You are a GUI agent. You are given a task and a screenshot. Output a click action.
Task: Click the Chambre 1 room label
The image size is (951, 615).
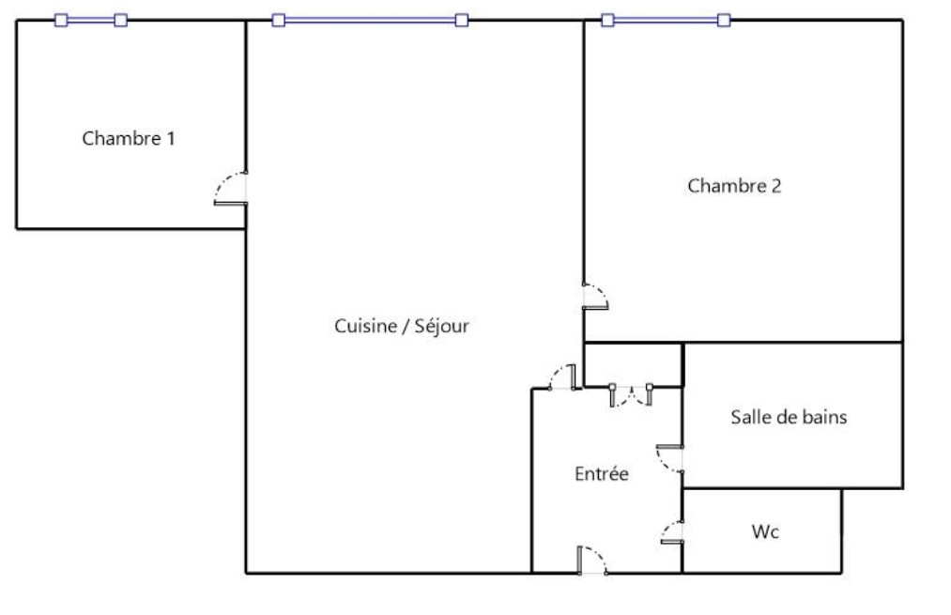tap(129, 138)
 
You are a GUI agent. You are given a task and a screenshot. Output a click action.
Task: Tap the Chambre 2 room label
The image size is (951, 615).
tap(734, 186)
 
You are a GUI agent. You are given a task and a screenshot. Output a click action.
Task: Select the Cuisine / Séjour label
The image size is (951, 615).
tap(402, 326)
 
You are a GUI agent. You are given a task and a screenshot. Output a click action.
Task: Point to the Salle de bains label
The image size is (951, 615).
tap(789, 417)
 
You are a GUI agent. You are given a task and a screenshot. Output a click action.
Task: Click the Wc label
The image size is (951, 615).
tap(765, 532)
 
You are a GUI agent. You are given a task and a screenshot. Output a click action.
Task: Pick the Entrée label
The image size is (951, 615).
tap(601, 473)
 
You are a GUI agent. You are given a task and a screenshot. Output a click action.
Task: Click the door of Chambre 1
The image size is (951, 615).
tap(230, 189)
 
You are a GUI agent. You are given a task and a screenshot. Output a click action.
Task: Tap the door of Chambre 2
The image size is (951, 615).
tap(595, 297)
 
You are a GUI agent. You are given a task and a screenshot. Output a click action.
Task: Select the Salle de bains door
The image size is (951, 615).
tap(669, 459)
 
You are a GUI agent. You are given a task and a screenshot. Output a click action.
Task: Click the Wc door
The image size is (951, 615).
tap(672, 532)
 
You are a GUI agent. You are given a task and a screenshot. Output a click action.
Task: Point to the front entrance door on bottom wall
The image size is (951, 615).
tap(592, 561)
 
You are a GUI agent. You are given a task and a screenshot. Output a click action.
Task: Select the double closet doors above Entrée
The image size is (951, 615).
tap(631, 395)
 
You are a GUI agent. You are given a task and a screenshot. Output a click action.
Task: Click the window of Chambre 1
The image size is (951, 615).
tap(91, 21)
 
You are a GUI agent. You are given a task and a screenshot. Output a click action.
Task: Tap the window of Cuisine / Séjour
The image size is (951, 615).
tap(370, 21)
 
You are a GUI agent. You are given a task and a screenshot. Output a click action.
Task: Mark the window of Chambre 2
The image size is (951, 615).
tap(666, 21)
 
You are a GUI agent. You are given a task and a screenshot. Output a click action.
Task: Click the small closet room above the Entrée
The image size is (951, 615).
tap(633, 365)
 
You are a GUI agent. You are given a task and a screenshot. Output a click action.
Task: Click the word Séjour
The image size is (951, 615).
tap(441, 326)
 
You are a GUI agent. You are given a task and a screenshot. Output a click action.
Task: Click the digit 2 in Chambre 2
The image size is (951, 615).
tap(776, 186)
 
